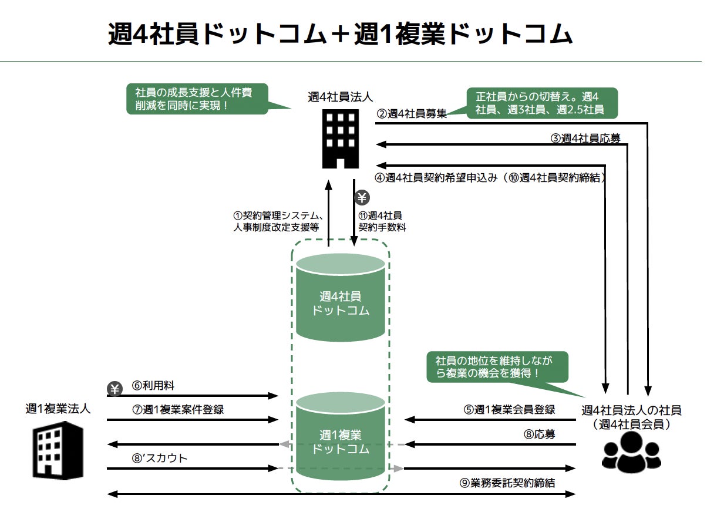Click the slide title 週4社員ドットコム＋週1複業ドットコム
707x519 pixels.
coord(339,35)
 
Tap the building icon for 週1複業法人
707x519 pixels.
coord(58,451)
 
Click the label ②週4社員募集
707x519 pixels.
coord(411,114)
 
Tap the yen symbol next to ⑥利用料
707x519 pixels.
coord(115,389)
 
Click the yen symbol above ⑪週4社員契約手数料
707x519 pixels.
coord(362,198)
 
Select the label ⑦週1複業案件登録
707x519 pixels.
coord(177,410)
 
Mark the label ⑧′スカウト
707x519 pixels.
coord(159,458)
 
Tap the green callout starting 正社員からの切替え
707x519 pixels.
coord(542,103)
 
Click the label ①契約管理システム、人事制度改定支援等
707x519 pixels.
coord(276,221)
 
